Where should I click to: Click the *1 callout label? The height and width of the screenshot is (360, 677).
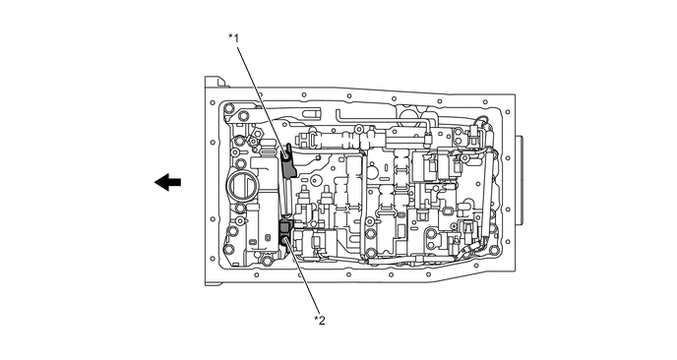[233, 38]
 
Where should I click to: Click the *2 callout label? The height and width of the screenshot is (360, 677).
[320, 321]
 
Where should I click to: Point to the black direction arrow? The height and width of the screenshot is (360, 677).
[167, 182]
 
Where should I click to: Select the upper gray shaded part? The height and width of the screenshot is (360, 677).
[288, 162]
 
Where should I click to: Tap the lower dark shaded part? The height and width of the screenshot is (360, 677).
[285, 232]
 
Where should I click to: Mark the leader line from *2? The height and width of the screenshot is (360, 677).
[302, 277]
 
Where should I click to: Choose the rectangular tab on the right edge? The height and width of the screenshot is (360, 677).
[519, 180]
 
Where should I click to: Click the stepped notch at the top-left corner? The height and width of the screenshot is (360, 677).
[215, 82]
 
